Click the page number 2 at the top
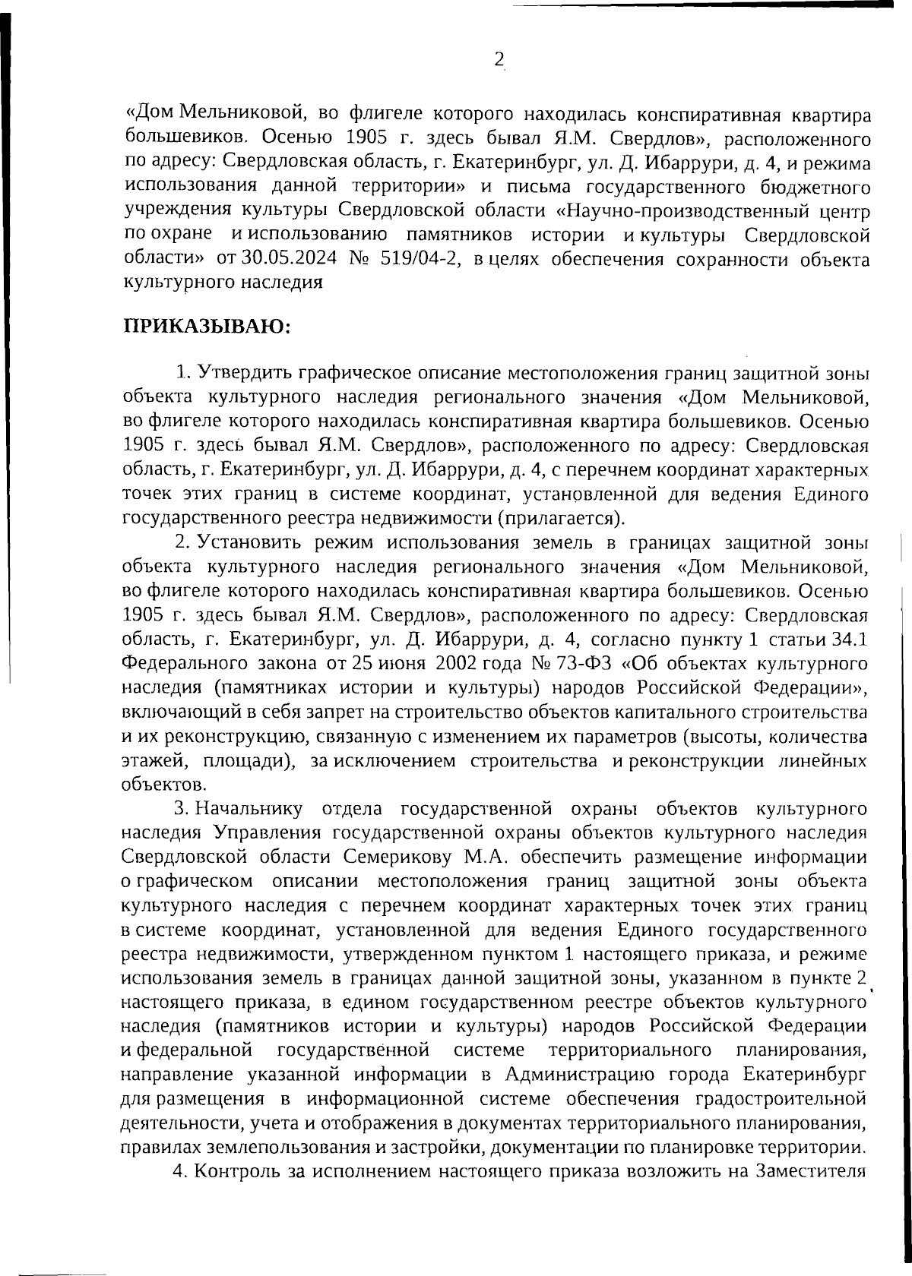(499, 59)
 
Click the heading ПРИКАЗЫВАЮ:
(206, 328)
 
